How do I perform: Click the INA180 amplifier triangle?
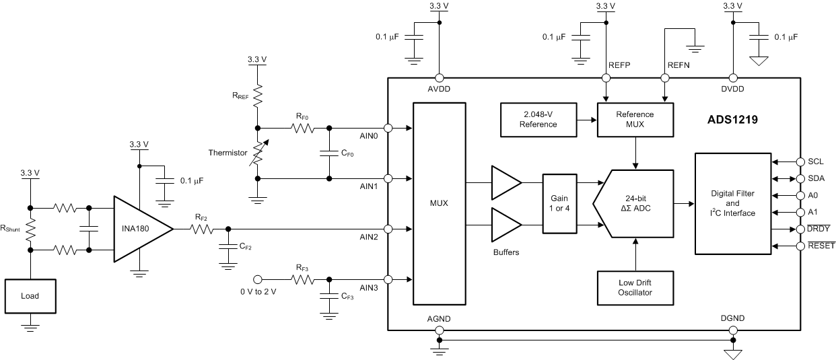(138, 229)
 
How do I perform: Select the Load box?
(30, 296)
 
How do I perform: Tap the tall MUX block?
(439, 203)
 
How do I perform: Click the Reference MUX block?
(635, 119)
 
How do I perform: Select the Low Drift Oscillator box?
(635, 287)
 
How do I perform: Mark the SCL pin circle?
(800, 161)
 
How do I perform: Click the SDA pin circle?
(800, 178)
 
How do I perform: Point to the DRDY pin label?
(821, 229)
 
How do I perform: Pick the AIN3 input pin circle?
(388, 279)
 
